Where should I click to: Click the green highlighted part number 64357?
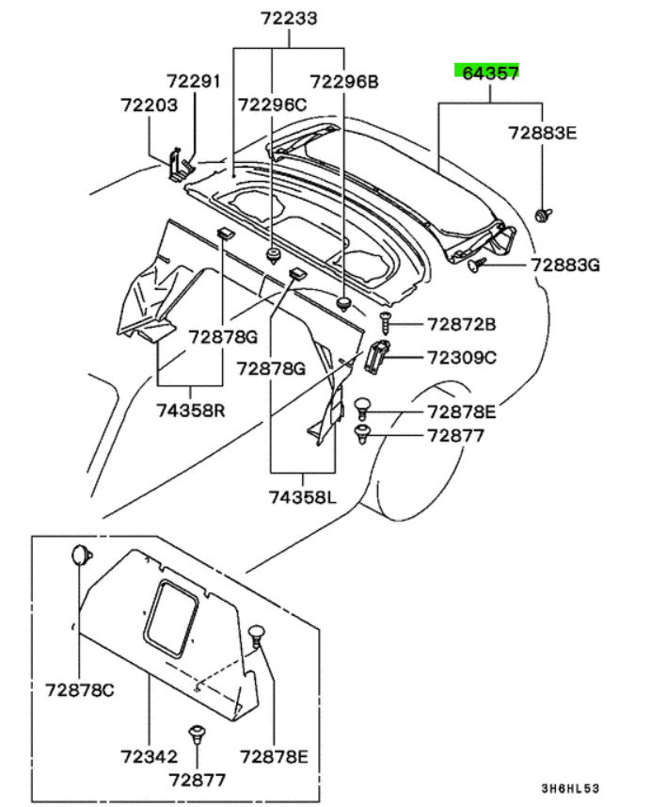click(486, 72)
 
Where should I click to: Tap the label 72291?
click(194, 82)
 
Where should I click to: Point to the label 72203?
click(149, 105)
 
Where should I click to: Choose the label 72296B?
click(344, 82)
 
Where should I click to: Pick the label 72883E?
click(543, 134)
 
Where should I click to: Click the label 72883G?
click(564, 266)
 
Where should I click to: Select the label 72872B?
click(461, 325)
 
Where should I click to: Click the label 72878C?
click(79, 689)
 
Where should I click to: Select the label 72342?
click(149, 756)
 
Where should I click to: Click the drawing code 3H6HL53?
click(570, 787)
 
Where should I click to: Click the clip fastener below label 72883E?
click(543, 216)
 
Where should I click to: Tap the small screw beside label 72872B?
click(385, 322)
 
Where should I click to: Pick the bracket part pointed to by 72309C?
click(376, 358)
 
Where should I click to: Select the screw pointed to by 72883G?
click(477, 265)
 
